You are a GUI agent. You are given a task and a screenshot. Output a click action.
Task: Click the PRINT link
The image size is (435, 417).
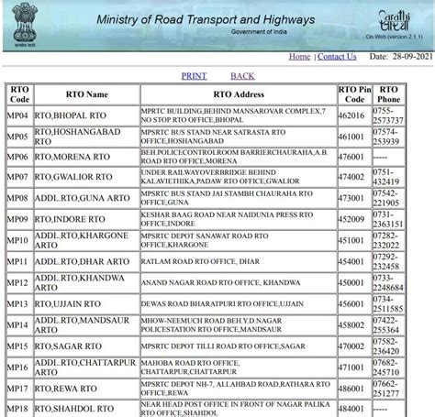click(x=194, y=76)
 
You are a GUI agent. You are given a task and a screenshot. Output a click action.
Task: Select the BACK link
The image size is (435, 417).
click(x=242, y=76)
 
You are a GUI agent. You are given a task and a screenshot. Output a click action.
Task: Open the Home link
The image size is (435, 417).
click(x=299, y=57)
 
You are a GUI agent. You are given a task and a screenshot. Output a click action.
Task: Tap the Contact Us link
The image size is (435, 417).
click(x=337, y=57)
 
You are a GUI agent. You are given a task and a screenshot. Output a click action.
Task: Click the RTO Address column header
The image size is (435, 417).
click(x=238, y=94)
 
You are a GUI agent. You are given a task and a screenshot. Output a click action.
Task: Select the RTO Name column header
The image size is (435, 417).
click(x=86, y=94)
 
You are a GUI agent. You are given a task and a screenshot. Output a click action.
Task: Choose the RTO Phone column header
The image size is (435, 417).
click(x=389, y=94)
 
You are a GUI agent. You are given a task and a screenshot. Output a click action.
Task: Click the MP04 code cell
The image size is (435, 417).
click(x=18, y=116)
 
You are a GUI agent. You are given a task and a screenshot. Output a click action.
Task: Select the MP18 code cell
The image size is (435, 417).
click(x=18, y=409)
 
